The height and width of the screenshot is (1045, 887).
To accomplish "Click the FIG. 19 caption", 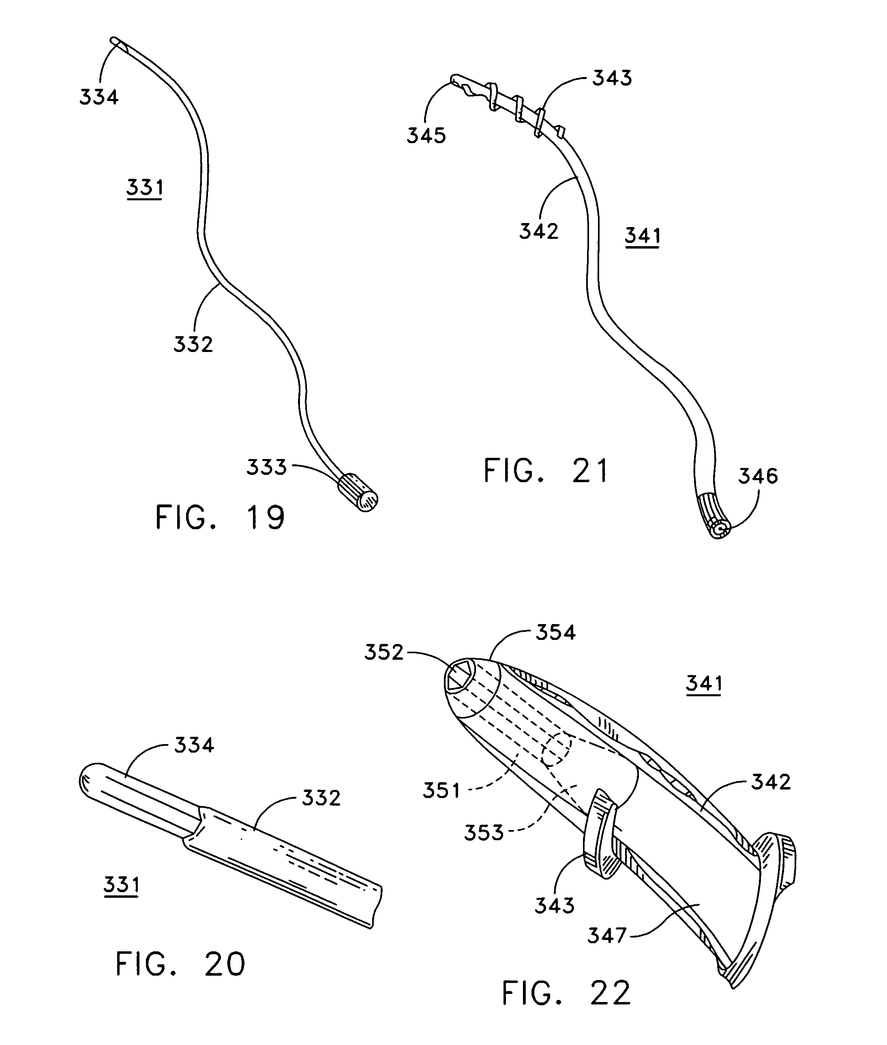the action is [220, 517].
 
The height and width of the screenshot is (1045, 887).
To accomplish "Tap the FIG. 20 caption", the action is [180, 964].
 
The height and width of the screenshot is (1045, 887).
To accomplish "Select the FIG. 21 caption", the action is [546, 471].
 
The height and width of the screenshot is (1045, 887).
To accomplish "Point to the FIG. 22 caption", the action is [566, 993].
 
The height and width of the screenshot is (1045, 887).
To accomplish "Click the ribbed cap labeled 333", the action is [358, 492].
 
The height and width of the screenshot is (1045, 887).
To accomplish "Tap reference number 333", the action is [266, 467].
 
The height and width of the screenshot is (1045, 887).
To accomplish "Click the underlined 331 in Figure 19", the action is [145, 188].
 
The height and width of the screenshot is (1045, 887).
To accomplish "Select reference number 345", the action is [426, 136].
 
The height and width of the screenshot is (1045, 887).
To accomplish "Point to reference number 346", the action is [758, 476].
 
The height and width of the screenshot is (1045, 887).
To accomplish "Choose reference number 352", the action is [384, 652].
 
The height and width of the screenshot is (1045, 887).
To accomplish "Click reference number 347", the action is [607, 936].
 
